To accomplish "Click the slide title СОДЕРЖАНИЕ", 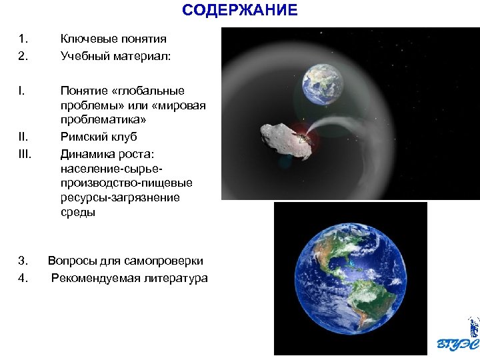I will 240,11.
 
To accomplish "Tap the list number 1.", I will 23,39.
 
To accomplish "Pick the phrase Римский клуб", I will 98,137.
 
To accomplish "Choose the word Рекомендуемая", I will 93,278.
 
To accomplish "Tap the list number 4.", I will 23,278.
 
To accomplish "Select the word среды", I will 77,213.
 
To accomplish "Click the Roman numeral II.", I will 23,137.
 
